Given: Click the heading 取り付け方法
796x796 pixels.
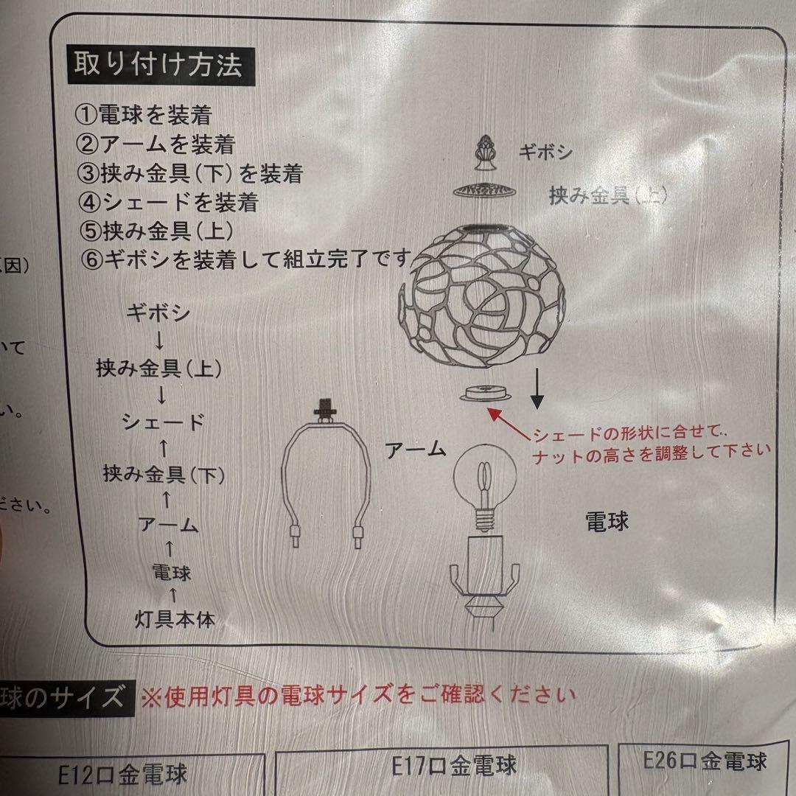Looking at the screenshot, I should (156, 66).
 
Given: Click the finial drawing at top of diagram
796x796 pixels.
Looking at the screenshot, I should (486, 152).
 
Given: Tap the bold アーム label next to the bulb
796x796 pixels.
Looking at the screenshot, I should (416, 450).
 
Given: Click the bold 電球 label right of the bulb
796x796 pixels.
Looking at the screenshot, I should (607, 522).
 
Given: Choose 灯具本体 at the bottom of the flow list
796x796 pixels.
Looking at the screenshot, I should (175, 620).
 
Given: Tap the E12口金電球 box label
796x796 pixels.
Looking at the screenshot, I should (123, 774).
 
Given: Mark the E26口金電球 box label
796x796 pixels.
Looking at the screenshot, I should (705, 759).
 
